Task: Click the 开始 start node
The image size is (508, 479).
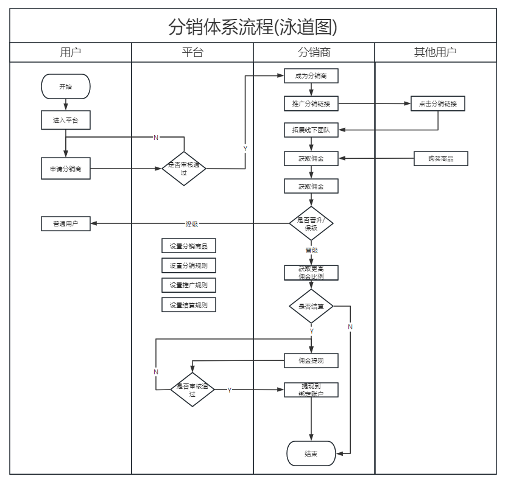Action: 65,86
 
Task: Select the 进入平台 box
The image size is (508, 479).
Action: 65,121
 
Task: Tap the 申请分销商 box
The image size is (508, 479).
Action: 65,169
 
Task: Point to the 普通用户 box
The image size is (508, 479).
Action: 65,224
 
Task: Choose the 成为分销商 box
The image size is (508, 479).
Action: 311,76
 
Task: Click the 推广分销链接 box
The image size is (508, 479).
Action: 311,104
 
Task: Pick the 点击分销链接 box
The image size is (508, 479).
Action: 438,104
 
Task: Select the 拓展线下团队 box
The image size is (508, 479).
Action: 311,130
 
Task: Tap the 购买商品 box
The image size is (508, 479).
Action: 441,159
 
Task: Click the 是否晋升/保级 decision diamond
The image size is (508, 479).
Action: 311,223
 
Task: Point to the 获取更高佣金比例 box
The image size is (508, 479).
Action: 311,273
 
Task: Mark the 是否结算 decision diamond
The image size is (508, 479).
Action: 311,306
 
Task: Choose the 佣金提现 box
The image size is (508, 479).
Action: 311,361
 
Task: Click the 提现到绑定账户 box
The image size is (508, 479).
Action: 311,390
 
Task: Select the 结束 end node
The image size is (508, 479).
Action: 311,453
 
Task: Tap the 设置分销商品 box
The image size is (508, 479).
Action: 189,246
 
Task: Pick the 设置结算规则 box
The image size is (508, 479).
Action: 189,305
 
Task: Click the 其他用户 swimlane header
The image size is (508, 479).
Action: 436,52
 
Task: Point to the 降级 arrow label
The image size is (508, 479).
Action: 192,224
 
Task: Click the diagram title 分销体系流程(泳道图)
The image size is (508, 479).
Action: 253,27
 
